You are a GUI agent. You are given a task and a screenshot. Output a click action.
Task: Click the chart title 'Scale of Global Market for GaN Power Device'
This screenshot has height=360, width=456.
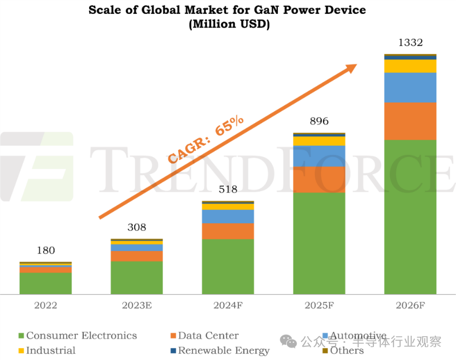(227, 10)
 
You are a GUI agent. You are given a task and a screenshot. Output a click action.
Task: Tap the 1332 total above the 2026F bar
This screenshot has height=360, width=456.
(410, 43)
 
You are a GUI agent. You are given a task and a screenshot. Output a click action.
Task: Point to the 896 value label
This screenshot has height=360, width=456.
(319, 121)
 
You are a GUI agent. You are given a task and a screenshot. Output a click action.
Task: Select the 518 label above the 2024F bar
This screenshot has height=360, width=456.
(228, 189)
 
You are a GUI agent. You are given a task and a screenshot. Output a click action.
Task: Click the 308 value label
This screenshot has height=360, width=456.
(137, 227)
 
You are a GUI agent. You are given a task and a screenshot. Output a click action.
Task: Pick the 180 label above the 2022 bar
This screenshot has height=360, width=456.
(46, 251)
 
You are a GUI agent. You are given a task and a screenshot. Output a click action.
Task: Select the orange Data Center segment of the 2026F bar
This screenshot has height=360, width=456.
(410, 121)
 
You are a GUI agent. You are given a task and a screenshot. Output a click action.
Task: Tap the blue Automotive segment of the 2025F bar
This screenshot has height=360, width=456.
(319, 156)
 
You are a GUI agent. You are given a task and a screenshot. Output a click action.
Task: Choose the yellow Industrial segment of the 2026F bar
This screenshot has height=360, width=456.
(410, 66)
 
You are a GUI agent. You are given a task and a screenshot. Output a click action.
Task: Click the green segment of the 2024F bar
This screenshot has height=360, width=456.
(228, 267)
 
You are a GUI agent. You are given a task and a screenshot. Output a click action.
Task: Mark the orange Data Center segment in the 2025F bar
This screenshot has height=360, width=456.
(319, 179)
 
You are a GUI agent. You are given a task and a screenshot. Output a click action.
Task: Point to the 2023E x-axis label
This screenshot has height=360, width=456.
(137, 306)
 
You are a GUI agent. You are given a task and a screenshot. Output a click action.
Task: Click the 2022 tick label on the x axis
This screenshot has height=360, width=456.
(46, 306)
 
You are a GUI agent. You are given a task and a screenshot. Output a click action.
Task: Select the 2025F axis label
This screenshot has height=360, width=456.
(319, 306)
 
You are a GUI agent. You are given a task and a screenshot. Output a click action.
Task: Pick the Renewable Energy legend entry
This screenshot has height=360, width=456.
(223, 351)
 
